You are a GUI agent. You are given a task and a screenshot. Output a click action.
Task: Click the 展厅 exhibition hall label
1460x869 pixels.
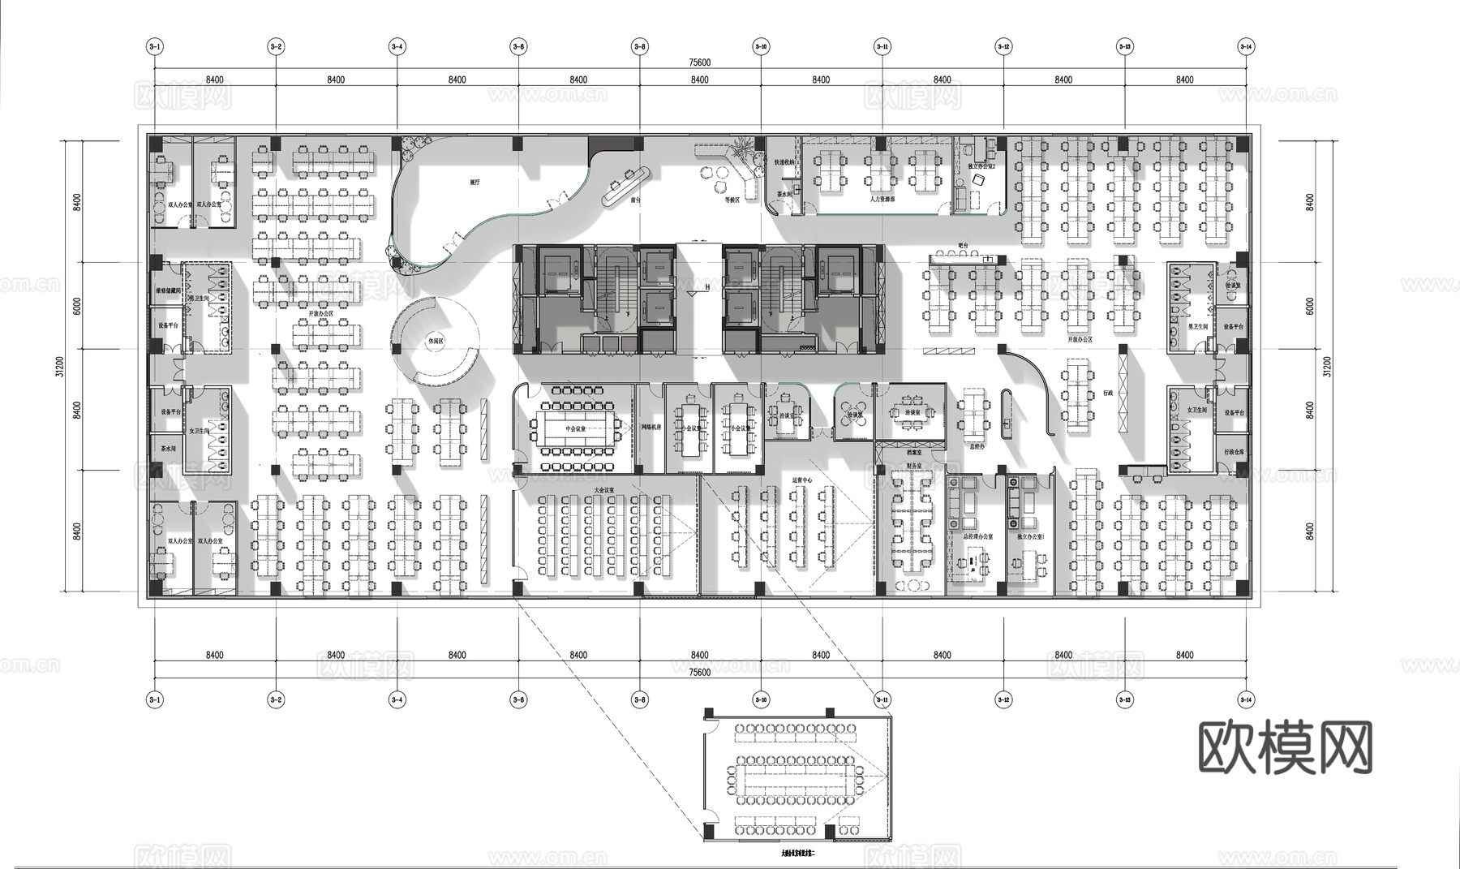coord(474,183)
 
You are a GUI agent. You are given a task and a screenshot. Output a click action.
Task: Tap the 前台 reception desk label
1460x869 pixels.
coord(636,199)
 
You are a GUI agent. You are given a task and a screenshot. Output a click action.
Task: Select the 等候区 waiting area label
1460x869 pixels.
coord(732,199)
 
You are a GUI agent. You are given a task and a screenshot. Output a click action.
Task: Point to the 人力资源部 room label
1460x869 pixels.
coord(882,199)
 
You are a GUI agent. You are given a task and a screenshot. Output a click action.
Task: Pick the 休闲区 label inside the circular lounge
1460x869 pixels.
coord(436,342)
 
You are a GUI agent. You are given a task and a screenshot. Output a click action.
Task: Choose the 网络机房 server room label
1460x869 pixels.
coord(651,427)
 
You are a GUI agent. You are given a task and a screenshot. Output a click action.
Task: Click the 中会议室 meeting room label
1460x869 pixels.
coord(575,428)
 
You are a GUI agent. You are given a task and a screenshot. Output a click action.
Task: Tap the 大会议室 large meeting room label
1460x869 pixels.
coord(604,490)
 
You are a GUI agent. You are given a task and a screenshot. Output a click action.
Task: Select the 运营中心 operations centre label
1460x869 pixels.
coord(801,480)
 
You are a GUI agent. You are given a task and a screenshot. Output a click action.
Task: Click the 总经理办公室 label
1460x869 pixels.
coord(977,537)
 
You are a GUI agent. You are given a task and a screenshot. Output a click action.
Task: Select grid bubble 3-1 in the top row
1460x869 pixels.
coord(154,47)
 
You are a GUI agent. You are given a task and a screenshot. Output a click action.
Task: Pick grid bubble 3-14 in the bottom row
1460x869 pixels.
coord(1246,699)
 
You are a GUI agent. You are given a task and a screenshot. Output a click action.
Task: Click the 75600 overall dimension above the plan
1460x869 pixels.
coord(699,62)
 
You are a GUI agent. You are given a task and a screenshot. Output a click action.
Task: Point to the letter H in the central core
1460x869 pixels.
coord(707,287)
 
